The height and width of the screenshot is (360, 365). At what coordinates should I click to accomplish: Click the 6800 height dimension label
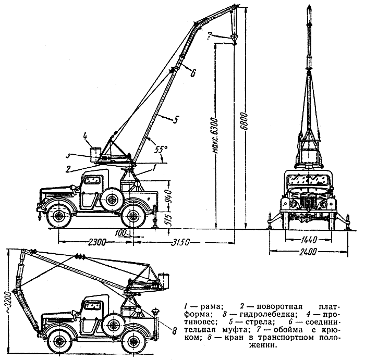pos(244,122)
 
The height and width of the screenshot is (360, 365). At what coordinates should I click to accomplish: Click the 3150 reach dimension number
pos(180,242)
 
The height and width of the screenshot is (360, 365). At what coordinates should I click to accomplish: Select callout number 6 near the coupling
pos(193,73)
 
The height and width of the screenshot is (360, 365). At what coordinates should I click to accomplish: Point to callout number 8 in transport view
pos(174,331)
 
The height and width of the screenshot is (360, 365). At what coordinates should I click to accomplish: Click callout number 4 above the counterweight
pos(86,136)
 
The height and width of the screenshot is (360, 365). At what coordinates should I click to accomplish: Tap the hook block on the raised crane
pos(234,39)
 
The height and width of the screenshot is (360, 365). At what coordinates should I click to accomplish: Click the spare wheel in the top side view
pos(113,199)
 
